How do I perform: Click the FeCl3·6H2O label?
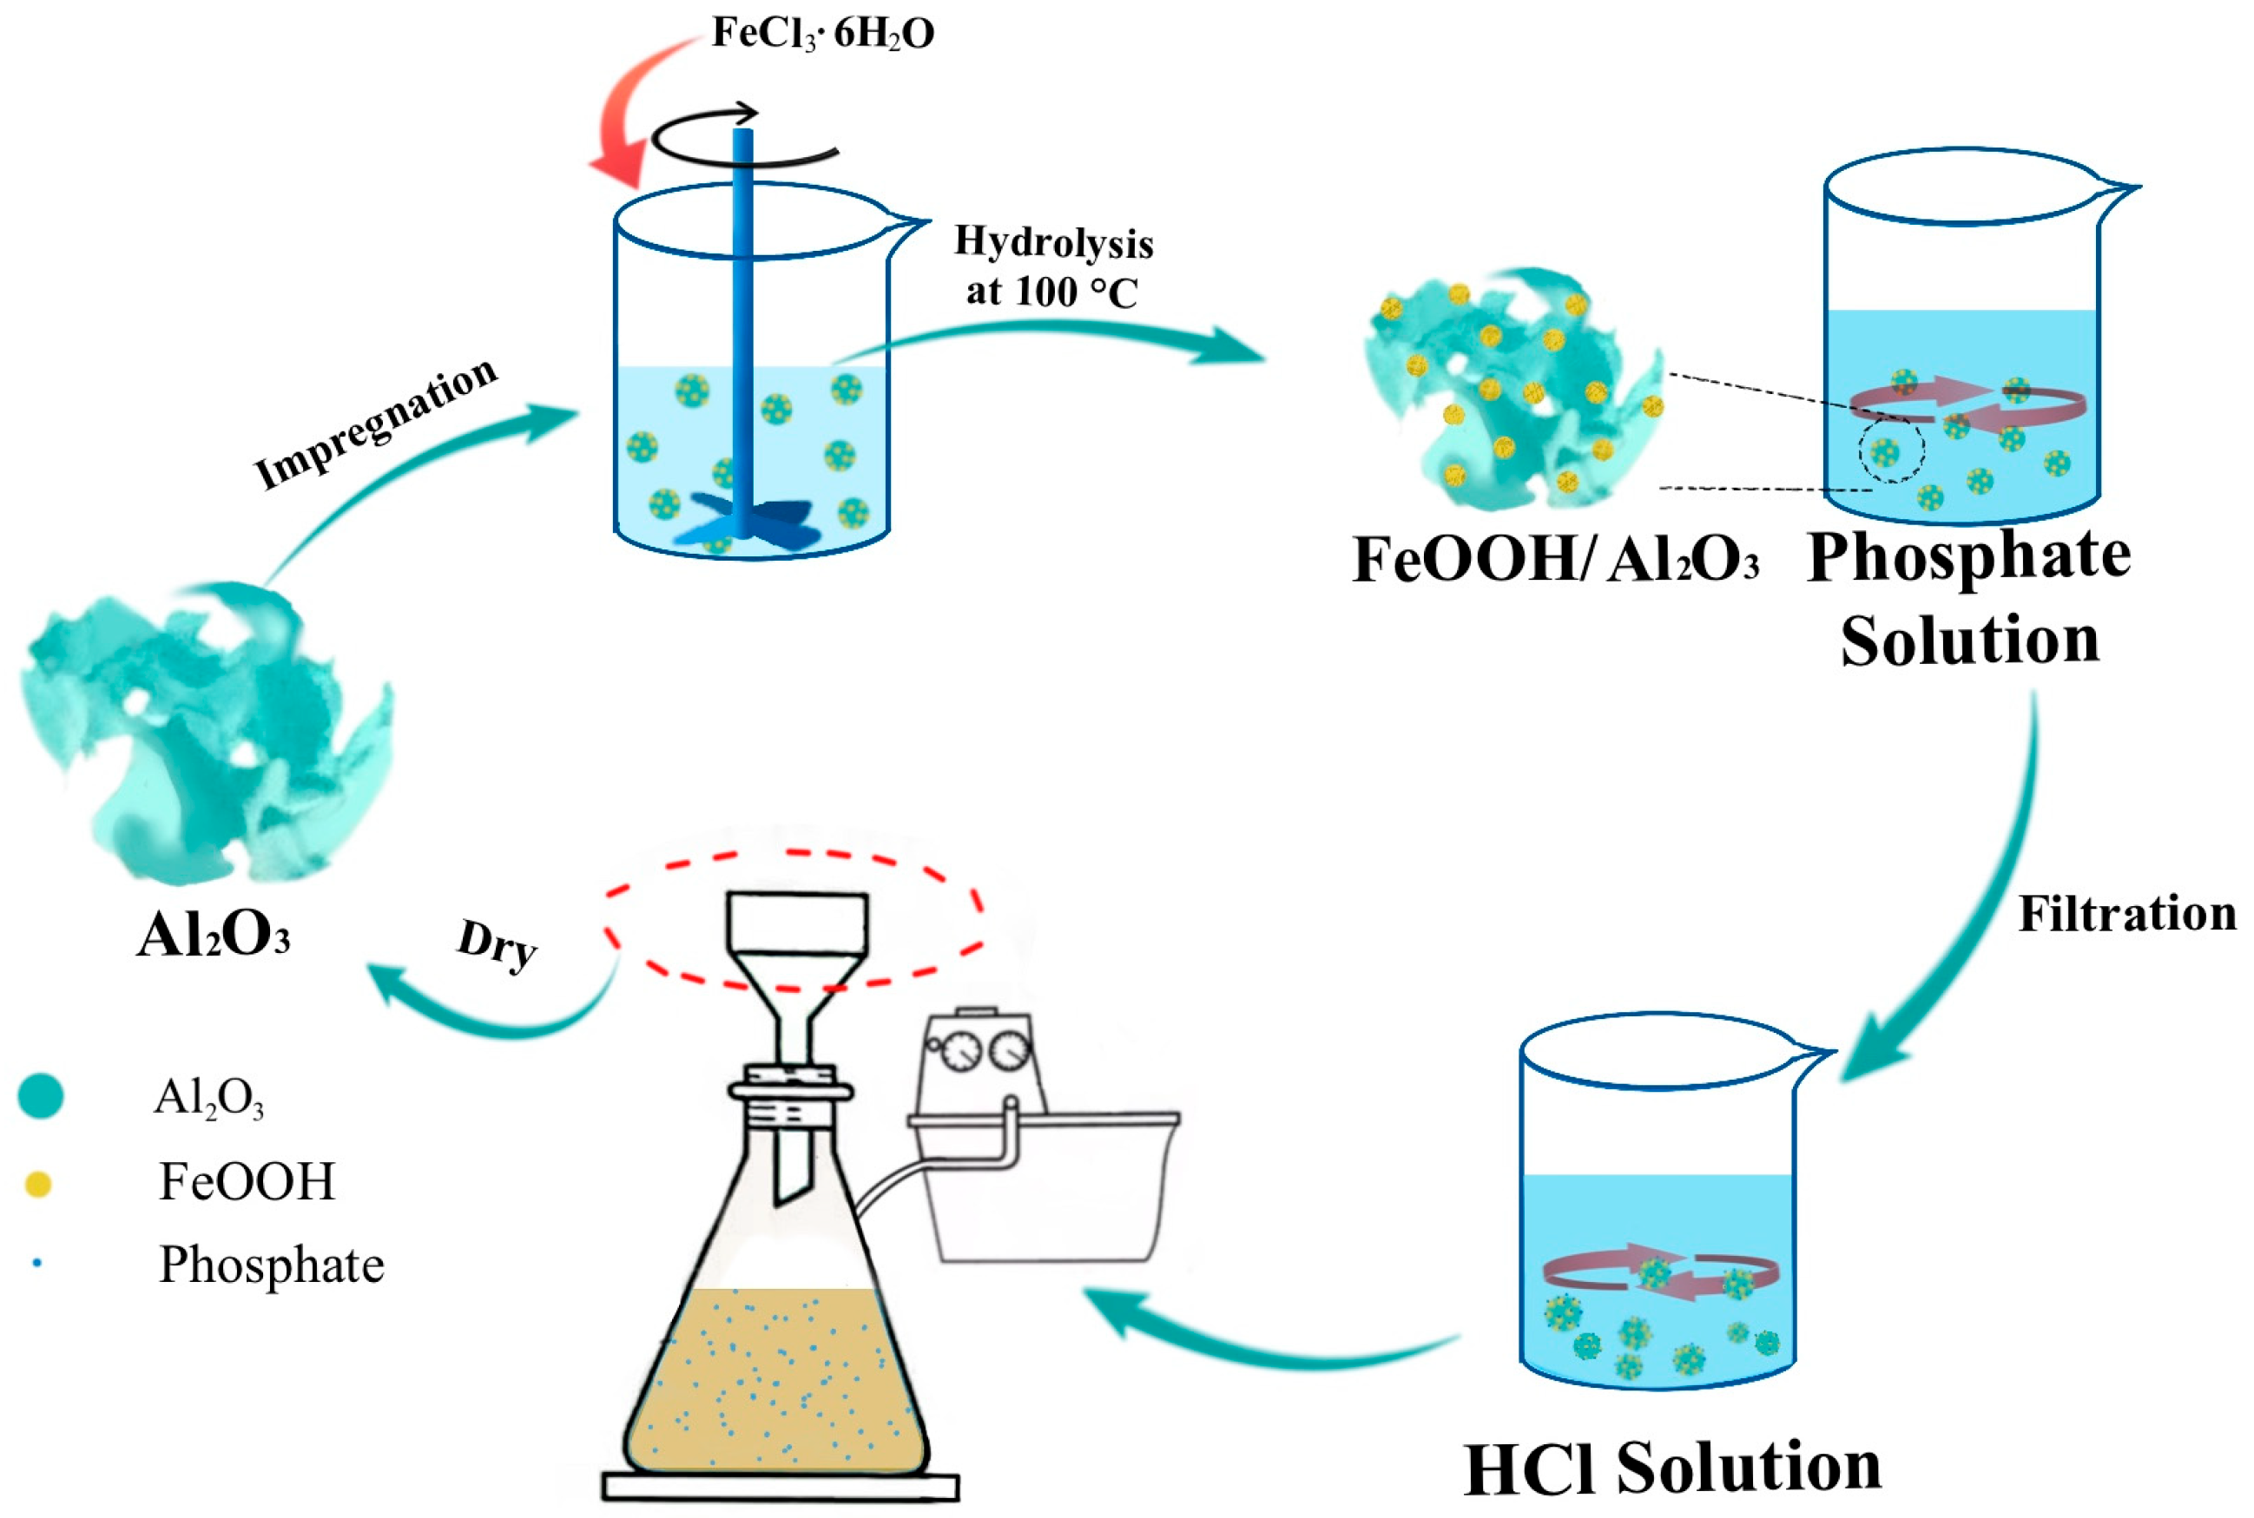[822, 34]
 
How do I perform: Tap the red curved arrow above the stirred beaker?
[624, 116]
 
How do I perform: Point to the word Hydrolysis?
[1053, 242]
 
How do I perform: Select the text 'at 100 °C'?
[1051, 292]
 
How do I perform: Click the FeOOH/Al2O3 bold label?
[1554, 561]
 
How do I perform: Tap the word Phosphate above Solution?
[1968, 556]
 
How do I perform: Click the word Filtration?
[2126, 914]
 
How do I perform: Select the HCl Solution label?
[1672, 1468]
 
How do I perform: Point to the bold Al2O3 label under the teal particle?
[213, 936]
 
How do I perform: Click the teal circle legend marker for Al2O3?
[41, 1096]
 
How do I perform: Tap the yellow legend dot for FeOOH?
[37, 1183]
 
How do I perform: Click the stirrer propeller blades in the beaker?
[746, 519]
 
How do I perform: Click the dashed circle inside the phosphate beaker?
[1891, 450]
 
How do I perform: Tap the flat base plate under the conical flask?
[781, 1486]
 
